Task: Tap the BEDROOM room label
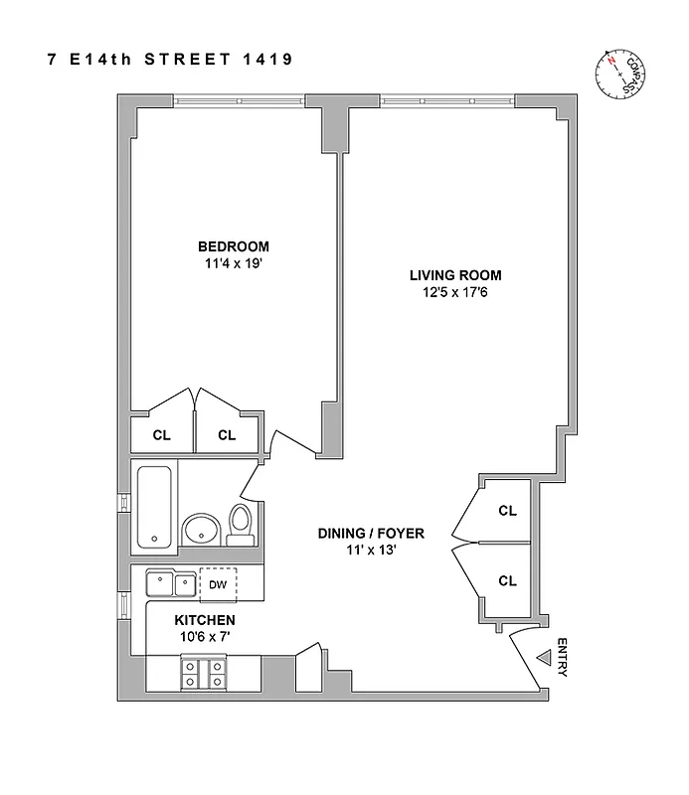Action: click(233, 246)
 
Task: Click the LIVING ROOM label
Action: click(455, 275)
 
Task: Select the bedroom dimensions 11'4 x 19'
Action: click(233, 264)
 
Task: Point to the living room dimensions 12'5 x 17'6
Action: click(455, 293)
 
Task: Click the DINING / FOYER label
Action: click(371, 534)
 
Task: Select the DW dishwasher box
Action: click(219, 584)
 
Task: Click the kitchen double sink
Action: click(170, 583)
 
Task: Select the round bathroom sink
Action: click(201, 530)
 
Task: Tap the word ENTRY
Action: click(564, 657)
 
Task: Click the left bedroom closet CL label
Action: click(161, 434)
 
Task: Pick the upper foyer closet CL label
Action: click(507, 511)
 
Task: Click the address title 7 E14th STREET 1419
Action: click(169, 59)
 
